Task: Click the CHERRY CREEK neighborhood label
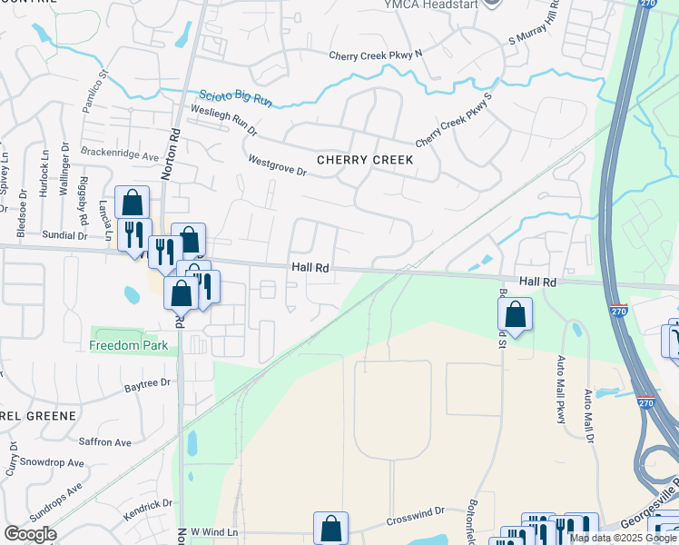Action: click(x=365, y=160)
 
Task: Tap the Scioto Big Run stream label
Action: click(x=235, y=95)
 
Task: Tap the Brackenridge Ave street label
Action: click(x=120, y=154)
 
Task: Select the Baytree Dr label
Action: click(x=146, y=385)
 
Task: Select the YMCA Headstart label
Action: click(x=444, y=3)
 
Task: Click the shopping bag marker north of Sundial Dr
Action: click(x=133, y=202)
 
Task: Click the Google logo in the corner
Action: click(x=30, y=534)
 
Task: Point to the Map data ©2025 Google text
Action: click(x=623, y=538)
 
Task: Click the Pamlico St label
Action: click(x=95, y=91)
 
